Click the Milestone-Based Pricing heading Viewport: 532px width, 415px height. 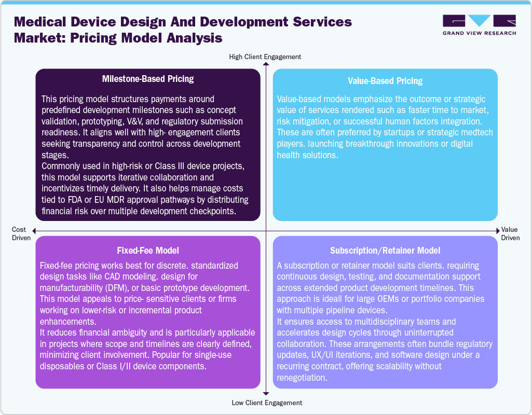coord(148,79)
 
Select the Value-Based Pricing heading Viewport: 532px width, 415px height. coord(385,81)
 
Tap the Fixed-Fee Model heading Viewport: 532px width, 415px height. coord(148,251)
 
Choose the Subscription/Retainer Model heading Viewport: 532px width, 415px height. coord(385,251)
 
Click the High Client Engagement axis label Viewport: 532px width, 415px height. coord(265,57)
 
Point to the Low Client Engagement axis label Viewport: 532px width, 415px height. coord(265,403)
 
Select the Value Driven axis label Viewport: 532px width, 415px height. coord(510,233)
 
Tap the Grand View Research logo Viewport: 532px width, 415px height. coord(479,25)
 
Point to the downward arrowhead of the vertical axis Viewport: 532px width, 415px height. coord(266,395)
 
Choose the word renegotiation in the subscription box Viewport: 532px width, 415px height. coord(302,377)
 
